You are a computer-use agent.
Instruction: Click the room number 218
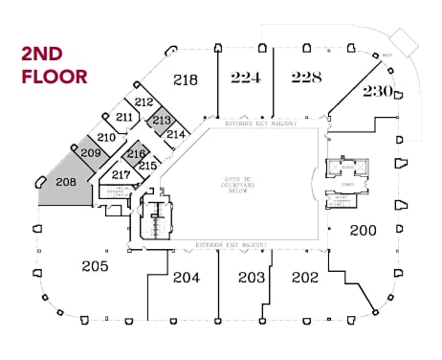point(186,80)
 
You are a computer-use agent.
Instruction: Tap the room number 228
point(306,78)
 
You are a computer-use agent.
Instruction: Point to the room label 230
point(377,92)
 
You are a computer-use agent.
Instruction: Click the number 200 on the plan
point(363,230)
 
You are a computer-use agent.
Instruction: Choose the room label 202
point(304,278)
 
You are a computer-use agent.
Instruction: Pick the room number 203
point(251,278)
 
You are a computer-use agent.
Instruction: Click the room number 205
point(95,265)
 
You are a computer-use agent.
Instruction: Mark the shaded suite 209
point(91,153)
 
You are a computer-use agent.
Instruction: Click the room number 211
point(124,117)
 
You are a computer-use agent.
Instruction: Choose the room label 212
point(144,101)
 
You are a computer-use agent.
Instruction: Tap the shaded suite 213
point(161,121)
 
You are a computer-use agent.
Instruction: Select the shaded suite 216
point(135,154)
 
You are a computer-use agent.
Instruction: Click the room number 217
point(121,175)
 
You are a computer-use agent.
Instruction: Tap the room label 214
point(175,135)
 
